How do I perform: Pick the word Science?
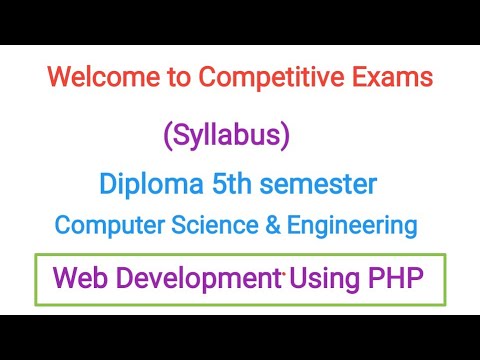(202, 226)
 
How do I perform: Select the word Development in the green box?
(199, 279)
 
